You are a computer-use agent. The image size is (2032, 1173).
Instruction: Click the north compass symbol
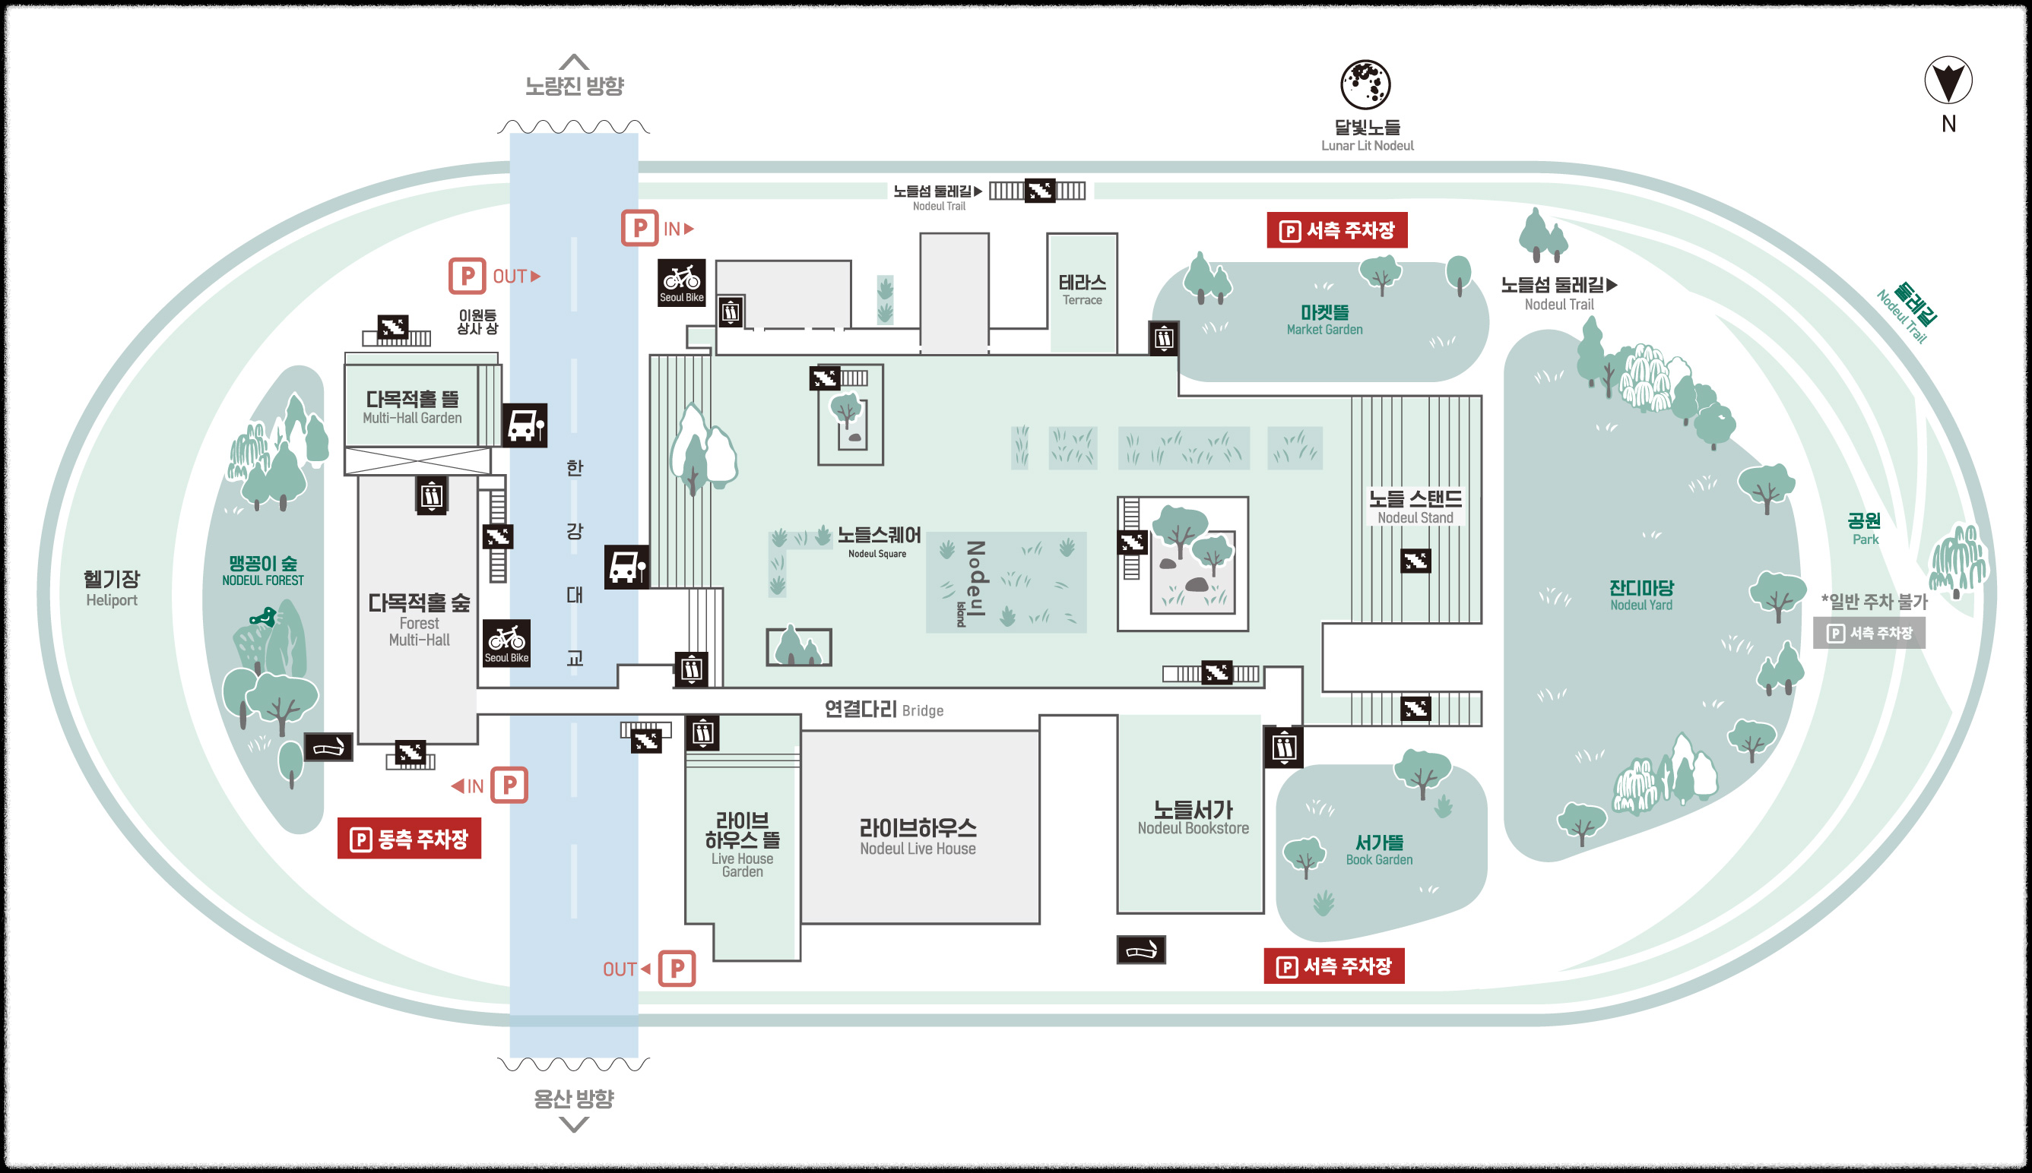(x=1948, y=81)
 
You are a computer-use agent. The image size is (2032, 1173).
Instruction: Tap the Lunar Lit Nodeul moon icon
(x=1365, y=84)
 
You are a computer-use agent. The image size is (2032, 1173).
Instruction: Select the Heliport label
(x=111, y=588)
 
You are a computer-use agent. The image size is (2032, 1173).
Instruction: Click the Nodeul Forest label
(x=263, y=570)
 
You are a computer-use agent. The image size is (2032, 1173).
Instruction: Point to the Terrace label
(x=1082, y=289)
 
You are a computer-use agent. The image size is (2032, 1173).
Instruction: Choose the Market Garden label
(x=1324, y=319)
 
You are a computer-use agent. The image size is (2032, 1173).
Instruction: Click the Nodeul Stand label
(x=1415, y=507)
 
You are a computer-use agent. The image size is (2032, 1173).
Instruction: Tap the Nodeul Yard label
(x=1641, y=595)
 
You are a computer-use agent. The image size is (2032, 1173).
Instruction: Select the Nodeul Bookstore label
(x=1193, y=817)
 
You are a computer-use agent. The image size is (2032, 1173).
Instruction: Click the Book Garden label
(x=1379, y=849)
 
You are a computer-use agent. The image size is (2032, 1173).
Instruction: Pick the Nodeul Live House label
(x=918, y=836)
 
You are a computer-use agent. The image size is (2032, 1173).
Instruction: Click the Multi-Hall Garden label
(x=412, y=407)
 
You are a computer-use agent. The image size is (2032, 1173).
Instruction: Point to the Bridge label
(x=883, y=709)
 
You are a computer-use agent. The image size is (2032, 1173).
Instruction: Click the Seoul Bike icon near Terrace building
(x=682, y=282)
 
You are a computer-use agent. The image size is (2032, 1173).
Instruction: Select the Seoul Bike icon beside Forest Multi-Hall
(x=506, y=642)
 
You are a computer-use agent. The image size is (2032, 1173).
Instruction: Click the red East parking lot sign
(x=410, y=839)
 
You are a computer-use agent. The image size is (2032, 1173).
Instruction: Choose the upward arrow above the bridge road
(x=574, y=62)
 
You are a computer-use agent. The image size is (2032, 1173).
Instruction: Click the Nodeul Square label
(x=879, y=541)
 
